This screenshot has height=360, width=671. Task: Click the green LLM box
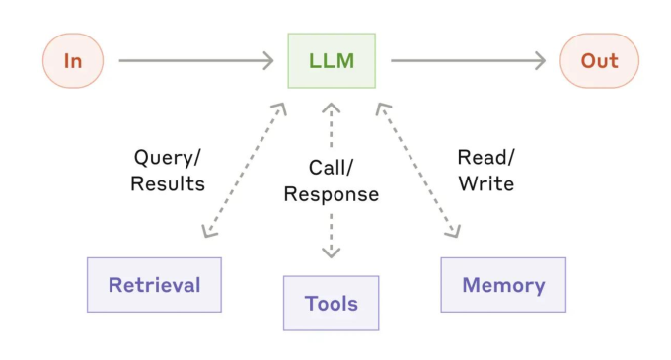[x=332, y=61]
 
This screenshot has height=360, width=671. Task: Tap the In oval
[x=73, y=61]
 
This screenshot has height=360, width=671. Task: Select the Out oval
[x=599, y=61]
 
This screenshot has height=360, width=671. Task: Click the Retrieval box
[x=154, y=285]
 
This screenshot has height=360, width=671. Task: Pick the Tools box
[x=331, y=303]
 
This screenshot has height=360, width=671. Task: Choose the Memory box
[x=503, y=285]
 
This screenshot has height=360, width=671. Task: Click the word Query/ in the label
[x=167, y=158]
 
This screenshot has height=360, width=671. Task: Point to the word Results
[x=168, y=183]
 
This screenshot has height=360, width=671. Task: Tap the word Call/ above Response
[x=331, y=168]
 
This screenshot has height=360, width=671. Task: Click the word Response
[x=332, y=195]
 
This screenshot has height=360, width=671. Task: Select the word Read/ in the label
[x=486, y=158]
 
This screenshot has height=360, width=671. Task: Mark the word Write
[x=486, y=183]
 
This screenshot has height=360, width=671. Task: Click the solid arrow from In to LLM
[x=196, y=61]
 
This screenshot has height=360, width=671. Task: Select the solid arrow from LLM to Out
[x=468, y=61]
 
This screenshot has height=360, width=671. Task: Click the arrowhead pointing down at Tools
[x=331, y=252]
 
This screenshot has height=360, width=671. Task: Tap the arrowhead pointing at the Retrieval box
[x=208, y=232]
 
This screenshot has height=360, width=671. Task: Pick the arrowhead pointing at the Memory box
[x=454, y=232]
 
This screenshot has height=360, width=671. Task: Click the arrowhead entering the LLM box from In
[x=268, y=61]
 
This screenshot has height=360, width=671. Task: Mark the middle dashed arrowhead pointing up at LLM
[x=331, y=108]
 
